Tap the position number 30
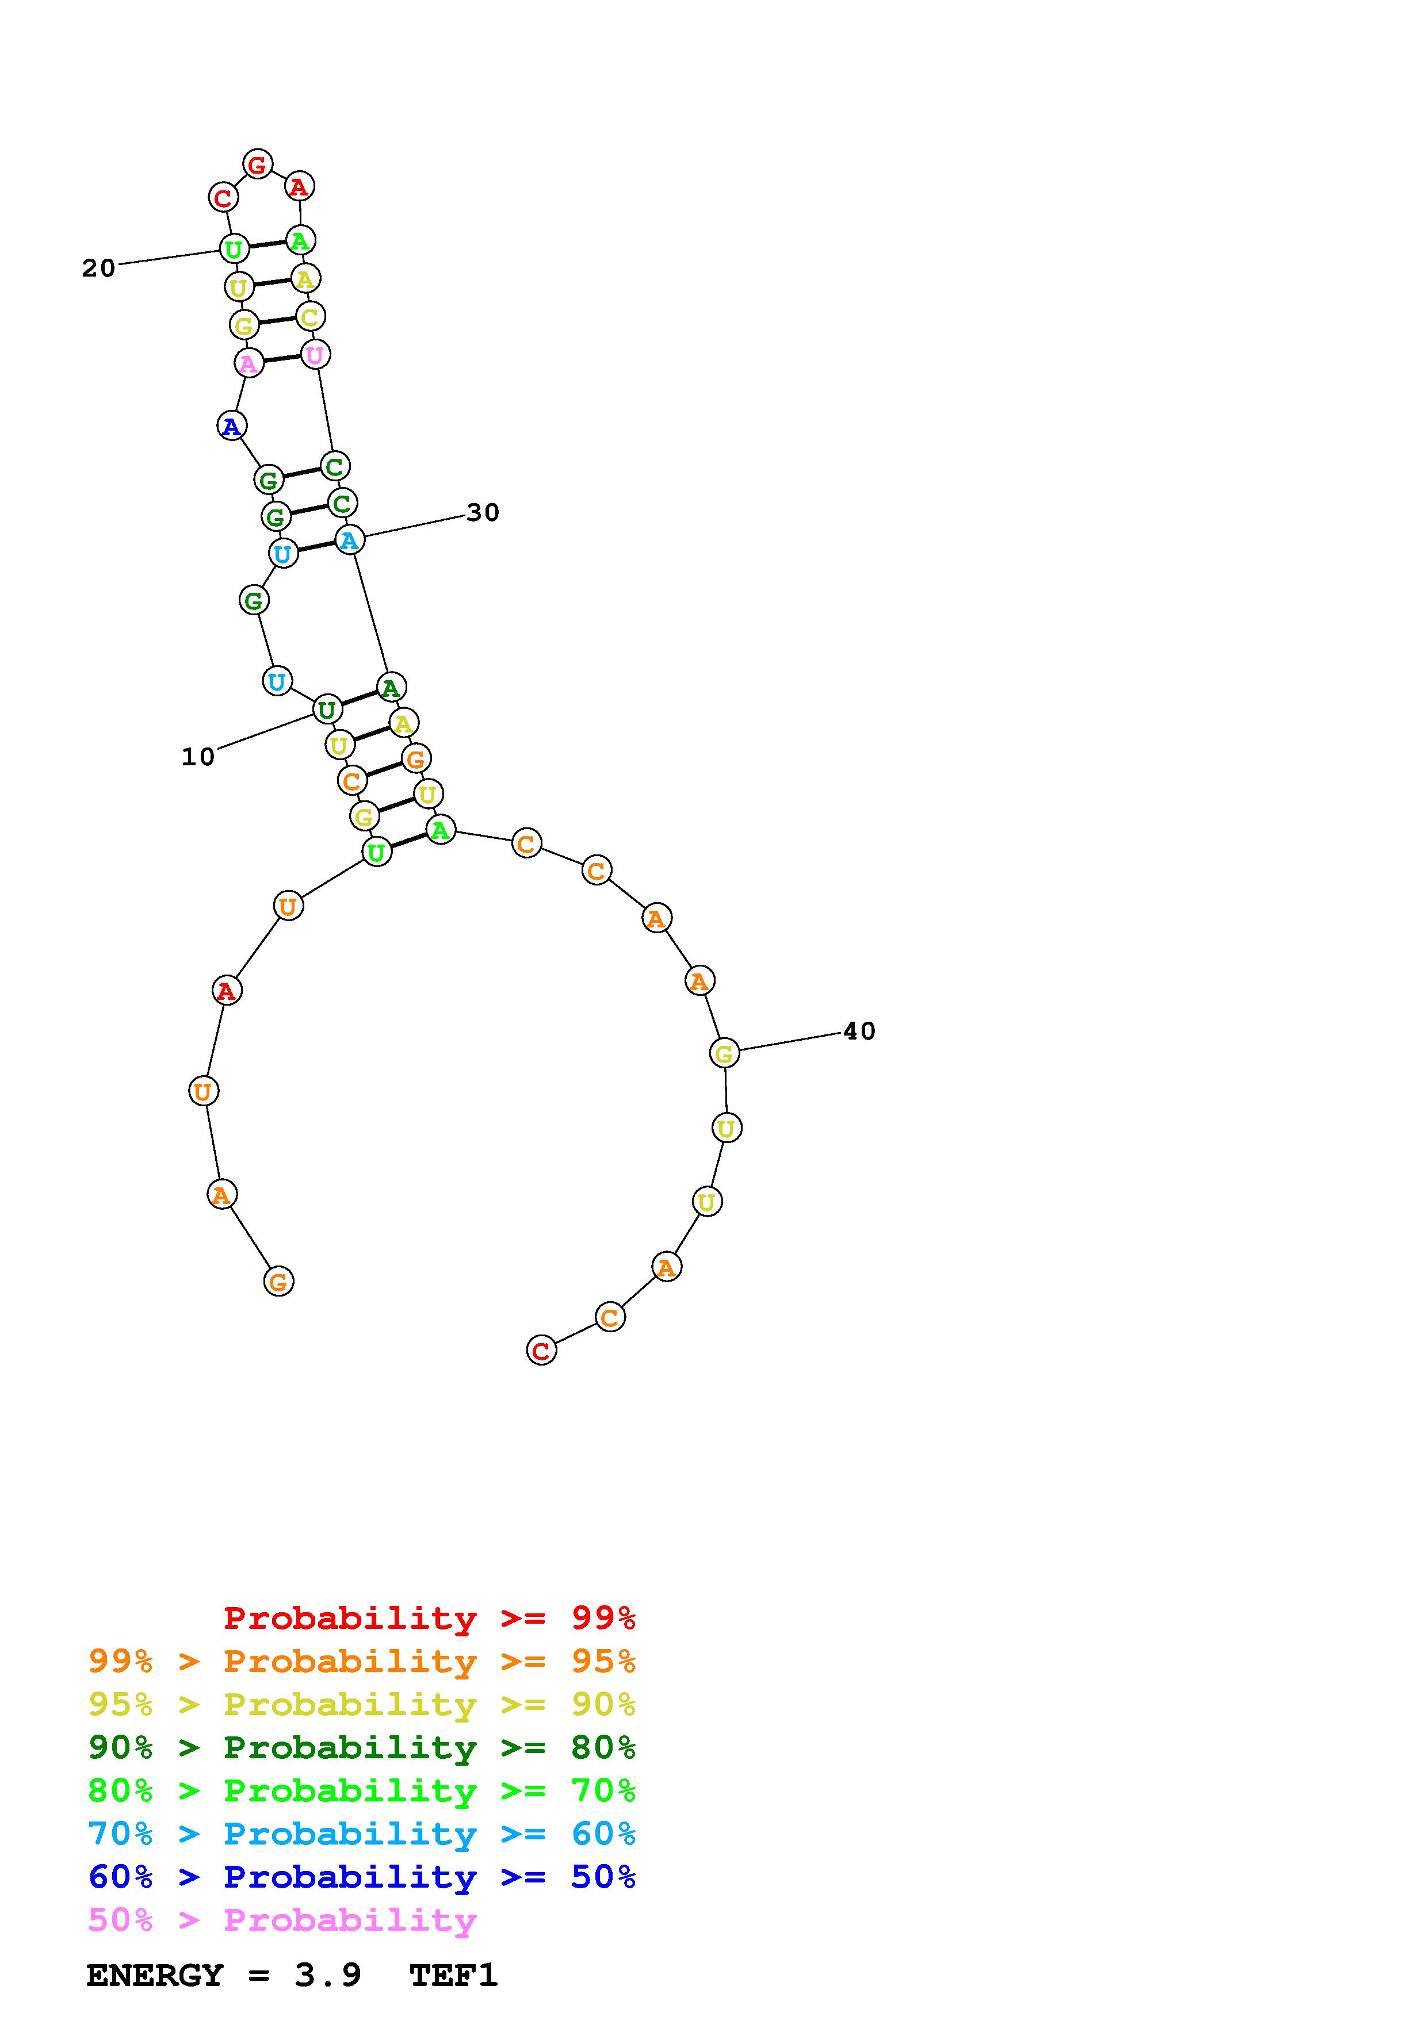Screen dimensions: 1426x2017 (x=483, y=512)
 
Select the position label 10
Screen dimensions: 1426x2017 (x=198, y=757)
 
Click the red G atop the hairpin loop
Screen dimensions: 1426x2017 (x=258, y=164)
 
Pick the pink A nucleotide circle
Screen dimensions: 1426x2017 (x=250, y=363)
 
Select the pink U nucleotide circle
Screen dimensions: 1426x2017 (x=315, y=355)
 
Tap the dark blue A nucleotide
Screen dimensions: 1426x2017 (x=232, y=426)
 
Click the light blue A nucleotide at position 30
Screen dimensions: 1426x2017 (x=350, y=540)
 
